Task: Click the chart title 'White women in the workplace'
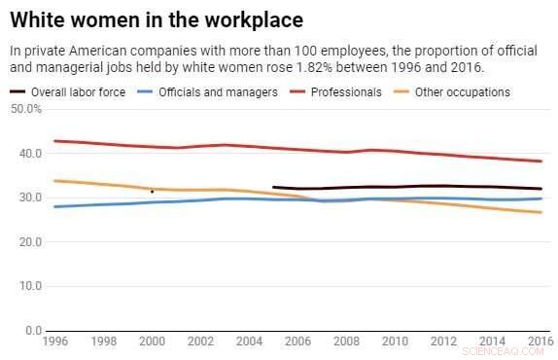(157, 19)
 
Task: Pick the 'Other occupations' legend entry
(462, 92)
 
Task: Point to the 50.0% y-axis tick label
(26, 109)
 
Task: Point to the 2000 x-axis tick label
(152, 342)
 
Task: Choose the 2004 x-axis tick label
(249, 342)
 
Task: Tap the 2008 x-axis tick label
(346, 342)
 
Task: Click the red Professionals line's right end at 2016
(541, 162)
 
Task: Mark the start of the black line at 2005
(273, 187)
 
